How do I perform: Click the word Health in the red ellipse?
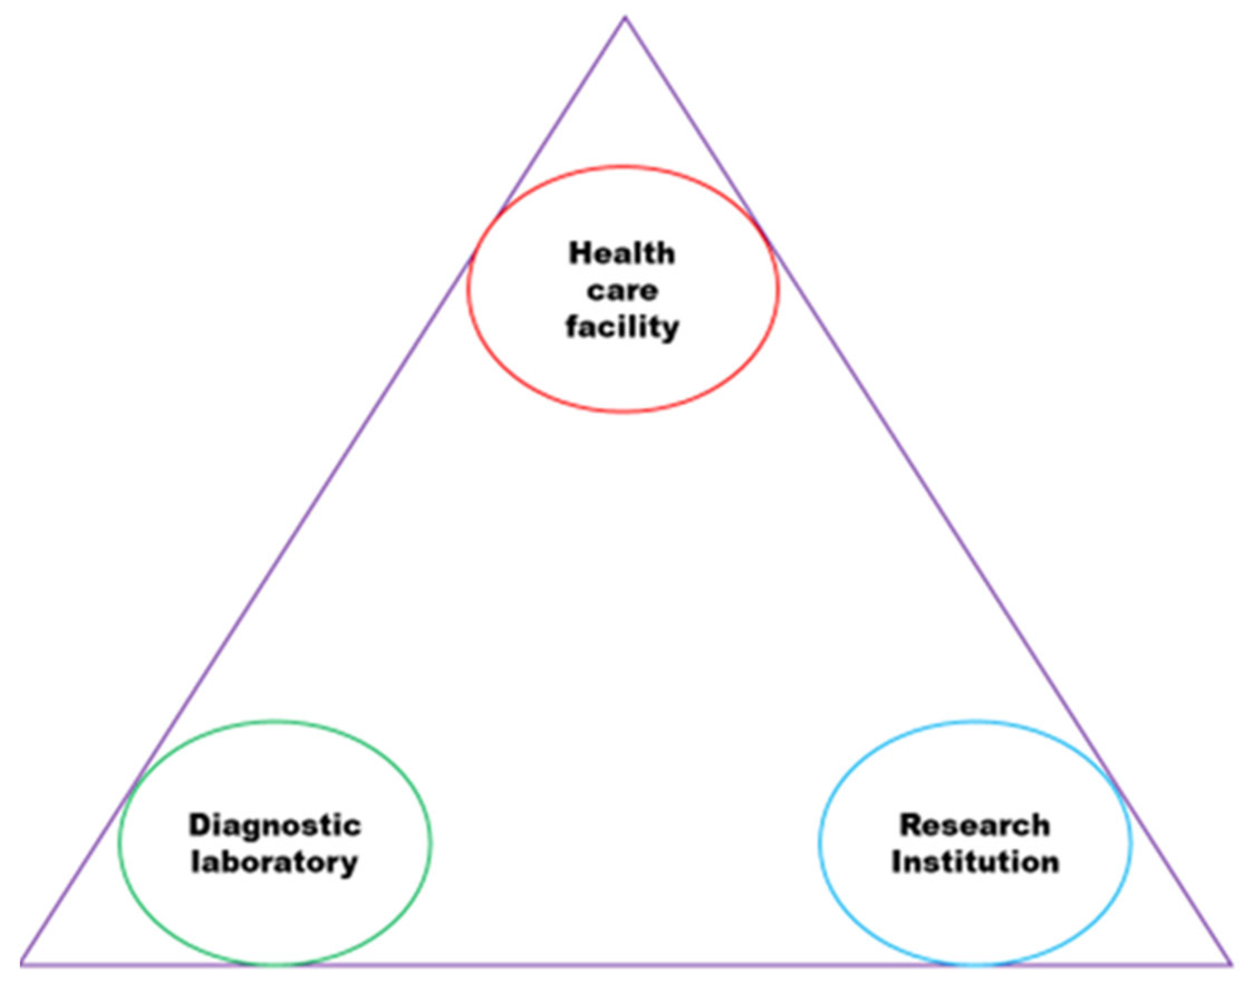(621, 254)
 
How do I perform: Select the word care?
(623, 290)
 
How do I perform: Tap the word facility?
(622, 327)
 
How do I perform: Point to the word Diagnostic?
(274, 825)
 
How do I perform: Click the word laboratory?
(274, 863)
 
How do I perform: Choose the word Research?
(974, 825)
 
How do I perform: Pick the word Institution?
(975, 863)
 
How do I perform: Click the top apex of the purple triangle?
(624, 17)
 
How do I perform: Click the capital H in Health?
(578, 254)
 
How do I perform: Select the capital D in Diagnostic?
(198, 825)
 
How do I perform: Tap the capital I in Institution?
(896, 863)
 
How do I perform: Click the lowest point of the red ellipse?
(623, 412)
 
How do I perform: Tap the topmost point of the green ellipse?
(274, 720)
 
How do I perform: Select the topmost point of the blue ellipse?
(975, 720)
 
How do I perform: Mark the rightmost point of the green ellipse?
(431, 843)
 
